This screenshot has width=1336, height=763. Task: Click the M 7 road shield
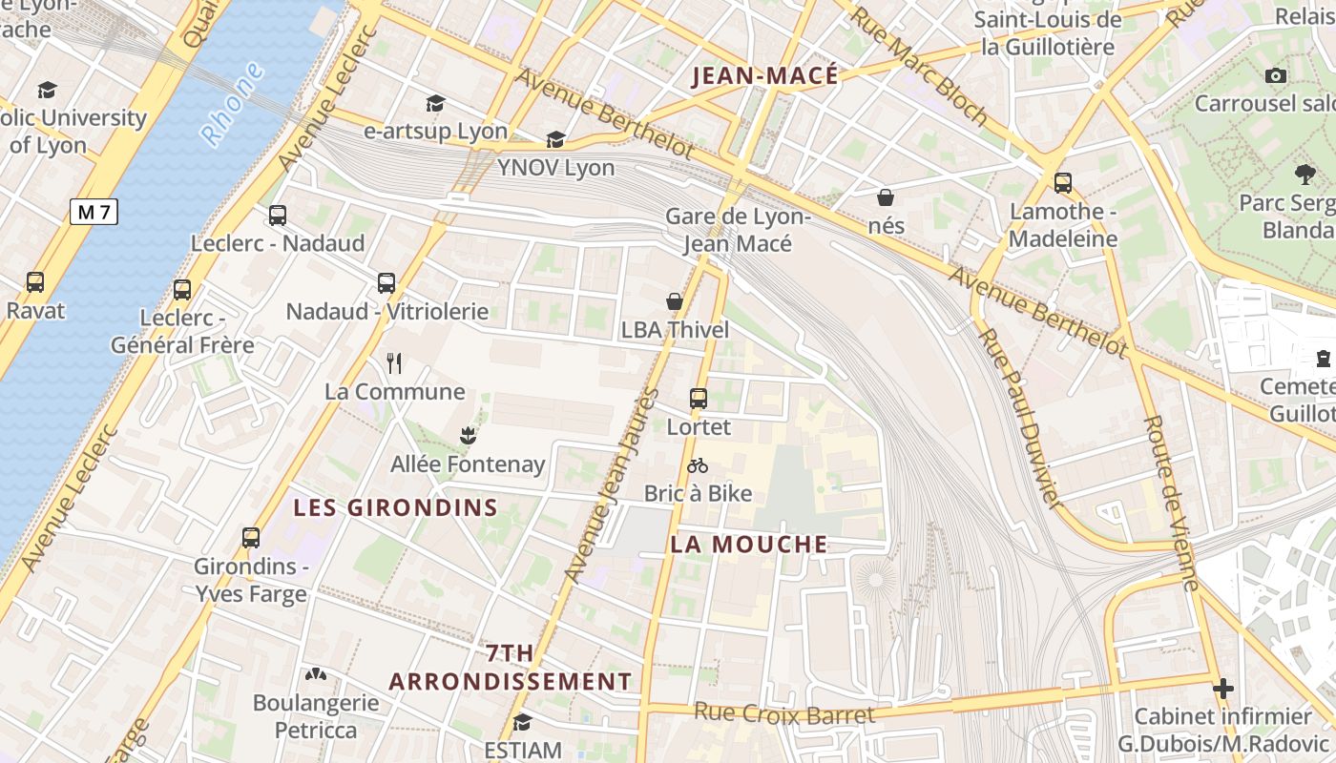point(94,212)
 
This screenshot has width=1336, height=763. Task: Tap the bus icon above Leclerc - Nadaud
point(278,216)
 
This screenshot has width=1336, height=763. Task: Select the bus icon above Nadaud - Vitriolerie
point(386,283)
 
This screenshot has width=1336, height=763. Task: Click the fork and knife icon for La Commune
point(394,362)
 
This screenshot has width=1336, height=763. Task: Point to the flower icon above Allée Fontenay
point(467,436)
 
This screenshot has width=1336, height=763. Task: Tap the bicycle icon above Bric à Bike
point(698,465)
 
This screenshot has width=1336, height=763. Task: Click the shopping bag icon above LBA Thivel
point(675,301)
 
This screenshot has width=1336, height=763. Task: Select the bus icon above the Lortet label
point(699,399)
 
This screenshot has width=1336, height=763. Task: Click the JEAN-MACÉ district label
point(764,76)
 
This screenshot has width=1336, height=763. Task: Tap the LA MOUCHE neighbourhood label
point(749,545)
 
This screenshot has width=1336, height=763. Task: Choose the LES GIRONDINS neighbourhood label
point(395,507)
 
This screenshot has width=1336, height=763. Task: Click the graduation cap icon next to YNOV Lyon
point(555,140)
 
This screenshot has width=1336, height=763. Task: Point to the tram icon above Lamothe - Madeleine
point(1063,183)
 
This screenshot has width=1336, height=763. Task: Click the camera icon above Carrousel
point(1275,75)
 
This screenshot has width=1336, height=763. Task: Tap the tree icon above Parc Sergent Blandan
point(1305,174)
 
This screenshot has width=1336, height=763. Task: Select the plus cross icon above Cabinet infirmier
point(1222,688)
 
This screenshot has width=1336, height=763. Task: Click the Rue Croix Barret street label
point(783,713)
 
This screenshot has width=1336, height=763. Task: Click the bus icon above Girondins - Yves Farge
point(251,538)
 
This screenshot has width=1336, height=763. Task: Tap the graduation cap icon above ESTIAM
point(522,722)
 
